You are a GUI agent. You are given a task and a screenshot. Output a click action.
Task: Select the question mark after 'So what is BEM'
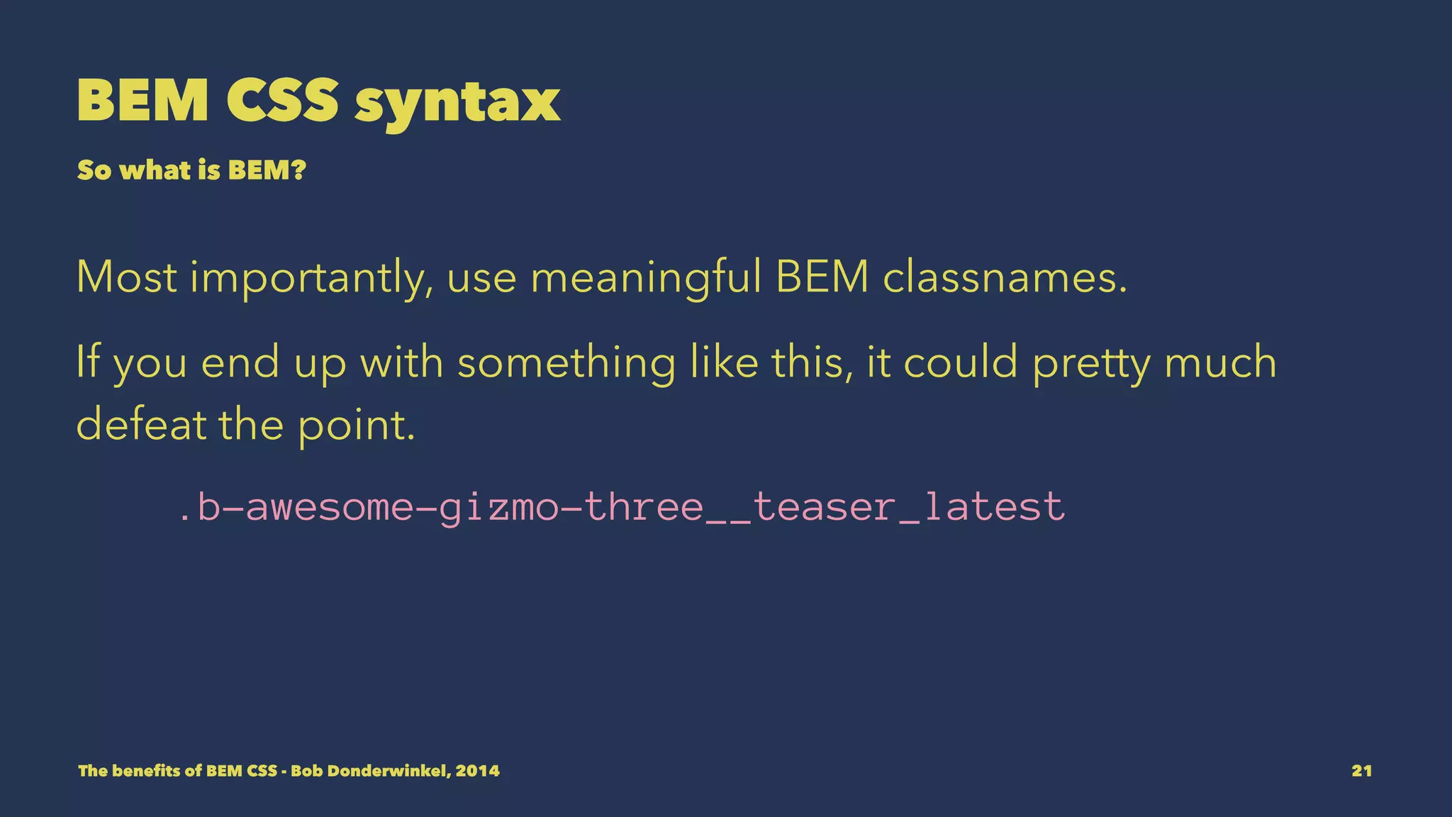298,170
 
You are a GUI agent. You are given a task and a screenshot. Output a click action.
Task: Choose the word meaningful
645,279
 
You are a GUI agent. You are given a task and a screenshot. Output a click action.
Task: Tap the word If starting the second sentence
88,362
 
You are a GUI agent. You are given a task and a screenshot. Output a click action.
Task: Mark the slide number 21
1361,771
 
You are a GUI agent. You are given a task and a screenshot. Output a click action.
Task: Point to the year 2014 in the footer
477,771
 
